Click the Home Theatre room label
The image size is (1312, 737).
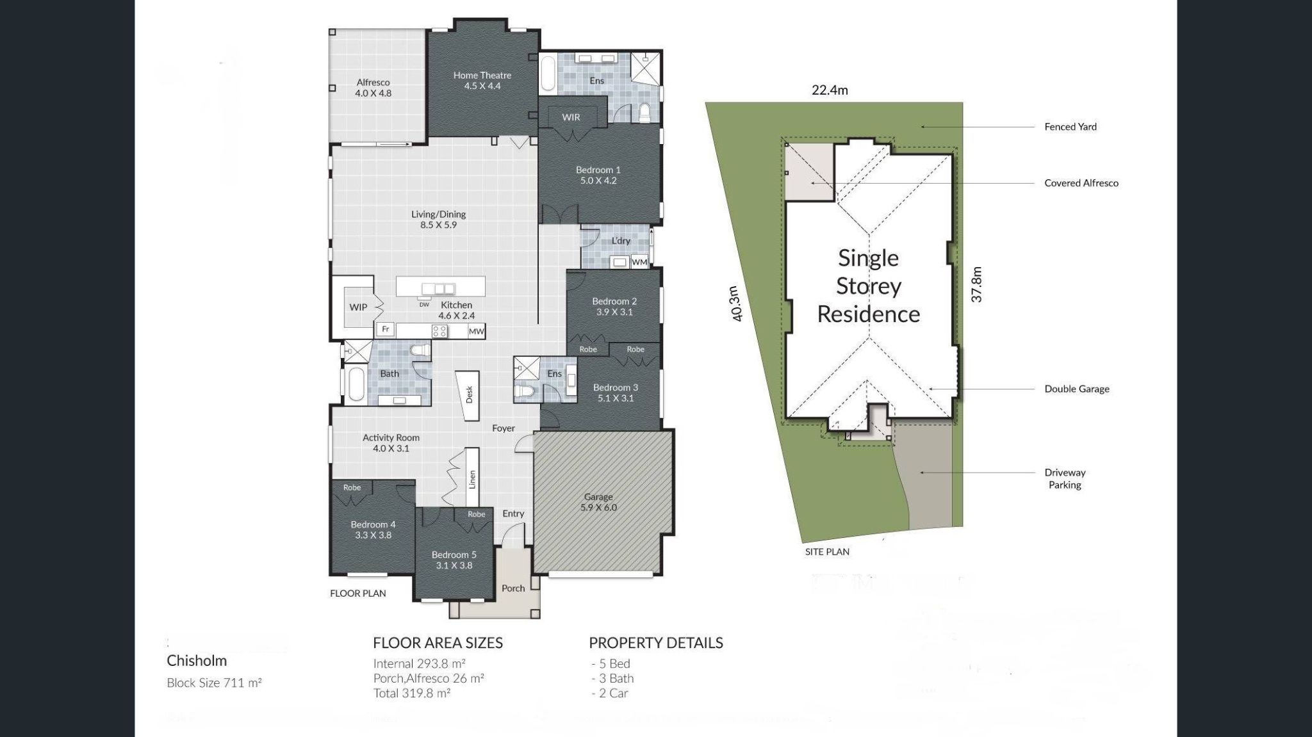click(x=482, y=80)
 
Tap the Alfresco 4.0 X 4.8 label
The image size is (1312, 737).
click(x=373, y=88)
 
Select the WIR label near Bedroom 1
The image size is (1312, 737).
click(x=570, y=117)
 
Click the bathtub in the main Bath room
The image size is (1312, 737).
click(x=356, y=385)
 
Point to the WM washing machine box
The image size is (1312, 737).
click(x=639, y=262)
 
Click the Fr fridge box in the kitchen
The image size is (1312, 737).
click(x=385, y=329)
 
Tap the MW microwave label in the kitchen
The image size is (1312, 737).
click(x=476, y=331)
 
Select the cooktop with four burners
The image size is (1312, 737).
click(x=439, y=331)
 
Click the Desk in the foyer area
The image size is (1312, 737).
click(x=468, y=395)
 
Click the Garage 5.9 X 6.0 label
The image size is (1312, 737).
click(x=598, y=502)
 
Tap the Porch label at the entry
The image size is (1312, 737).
click(x=512, y=588)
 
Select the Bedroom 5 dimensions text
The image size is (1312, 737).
click(x=454, y=565)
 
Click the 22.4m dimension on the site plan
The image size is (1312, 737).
click(x=830, y=90)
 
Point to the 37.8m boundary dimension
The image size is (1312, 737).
click(x=976, y=284)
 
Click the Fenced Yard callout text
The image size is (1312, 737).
click(x=1070, y=127)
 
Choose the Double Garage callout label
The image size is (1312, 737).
click(x=1076, y=389)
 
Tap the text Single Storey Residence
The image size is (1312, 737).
click(x=868, y=286)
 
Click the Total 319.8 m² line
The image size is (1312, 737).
click(x=411, y=693)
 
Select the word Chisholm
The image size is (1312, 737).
click(x=197, y=661)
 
